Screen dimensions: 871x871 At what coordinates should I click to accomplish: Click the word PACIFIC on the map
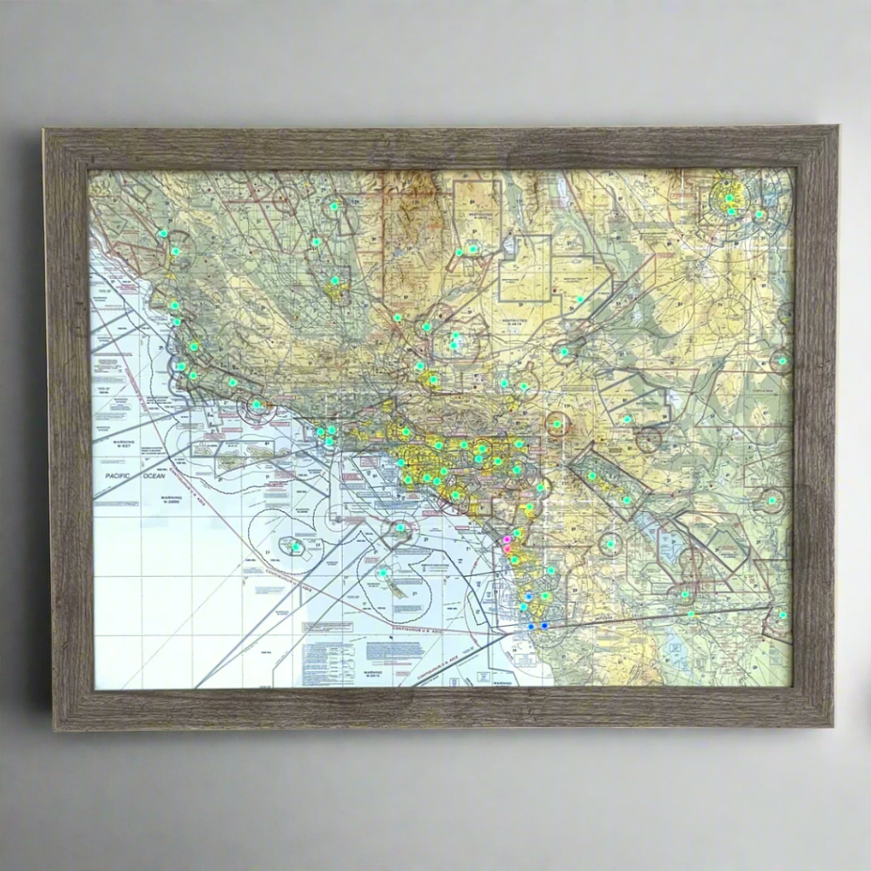pyautogui.click(x=114, y=477)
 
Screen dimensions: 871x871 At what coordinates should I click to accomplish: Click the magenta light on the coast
pyautogui.click(x=507, y=539)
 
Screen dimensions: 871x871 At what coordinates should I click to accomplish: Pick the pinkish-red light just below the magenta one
pyautogui.click(x=508, y=549)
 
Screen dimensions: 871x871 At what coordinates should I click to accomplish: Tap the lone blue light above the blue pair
pyautogui.click(x=528, y=597)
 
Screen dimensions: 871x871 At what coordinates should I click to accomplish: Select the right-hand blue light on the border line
pyautogui.click(x=544, y=626)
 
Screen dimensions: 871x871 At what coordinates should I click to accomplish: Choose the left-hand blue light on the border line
pyautogui.click(x=531, y=626)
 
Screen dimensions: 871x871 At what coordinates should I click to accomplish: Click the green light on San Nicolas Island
pyautogui.click(x=296, y=546)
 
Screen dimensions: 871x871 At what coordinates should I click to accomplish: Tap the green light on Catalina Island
pyautogui.click(x=401, y=527)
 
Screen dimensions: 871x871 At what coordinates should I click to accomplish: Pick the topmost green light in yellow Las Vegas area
pyautogui.click(x=729, y=198)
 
